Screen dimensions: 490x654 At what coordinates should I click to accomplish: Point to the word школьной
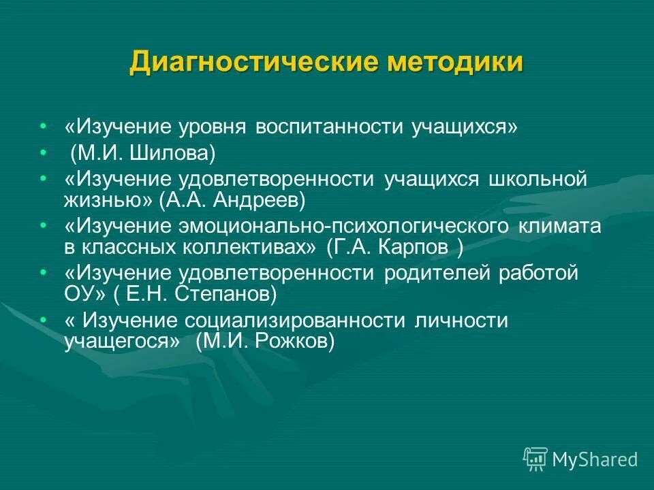[x=538, y=180]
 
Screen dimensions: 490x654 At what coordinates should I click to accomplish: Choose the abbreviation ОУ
[x=80, y=294]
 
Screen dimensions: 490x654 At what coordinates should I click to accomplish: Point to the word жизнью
[x=105, y=200]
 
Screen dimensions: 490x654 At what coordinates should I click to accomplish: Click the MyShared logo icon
[x=535, y=459]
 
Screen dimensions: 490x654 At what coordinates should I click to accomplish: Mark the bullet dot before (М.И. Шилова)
[x=44, y=152]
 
